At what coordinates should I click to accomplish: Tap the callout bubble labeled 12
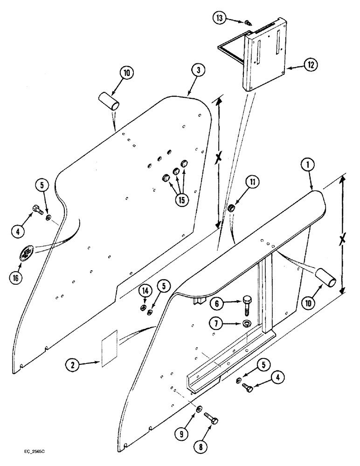310,66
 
